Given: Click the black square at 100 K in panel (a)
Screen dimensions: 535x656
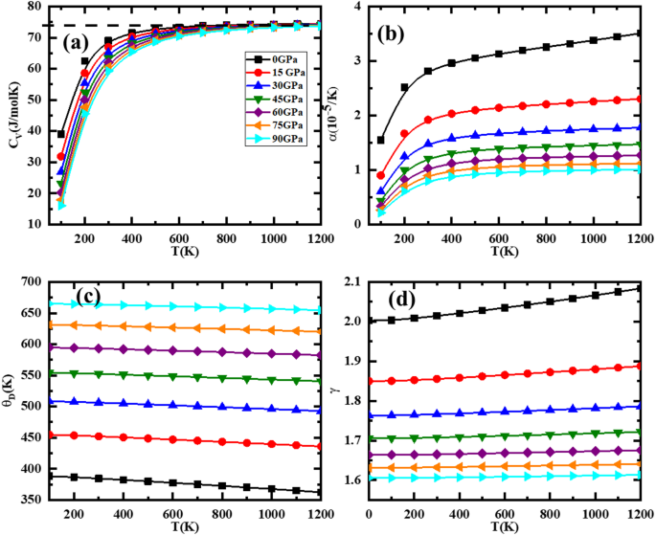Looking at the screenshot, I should (x=61, y=134).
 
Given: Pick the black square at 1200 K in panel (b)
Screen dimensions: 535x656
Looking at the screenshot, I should (x=639, y=33).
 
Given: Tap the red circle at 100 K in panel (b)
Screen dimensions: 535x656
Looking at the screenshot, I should (x=381, y=175).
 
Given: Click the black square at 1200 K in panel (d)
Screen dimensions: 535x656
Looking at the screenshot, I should (x=639, y=288).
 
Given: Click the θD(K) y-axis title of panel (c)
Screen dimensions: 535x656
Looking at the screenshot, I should (x=11, y=390).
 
